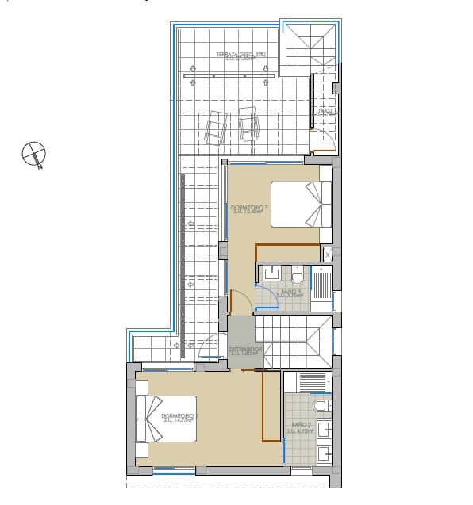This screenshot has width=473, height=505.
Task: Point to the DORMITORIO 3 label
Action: coord(251,209)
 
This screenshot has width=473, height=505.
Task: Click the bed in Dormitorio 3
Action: coord(301,204)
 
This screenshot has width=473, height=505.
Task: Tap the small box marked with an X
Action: coord(328,254)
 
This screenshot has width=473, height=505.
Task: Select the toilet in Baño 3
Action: coord(298,276)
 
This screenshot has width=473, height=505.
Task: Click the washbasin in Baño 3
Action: coord(271,275)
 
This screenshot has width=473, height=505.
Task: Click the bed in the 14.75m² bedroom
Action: coord(167,418)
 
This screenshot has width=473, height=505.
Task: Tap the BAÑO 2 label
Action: coord(302,427)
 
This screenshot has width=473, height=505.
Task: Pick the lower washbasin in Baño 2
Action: coord(324,454)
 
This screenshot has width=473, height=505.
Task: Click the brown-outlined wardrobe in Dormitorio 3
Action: coord(286,253)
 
